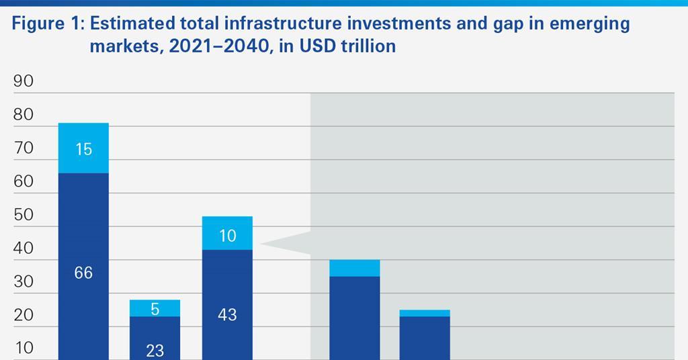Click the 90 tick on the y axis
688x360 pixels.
pyautogui.click(x=23, y=81)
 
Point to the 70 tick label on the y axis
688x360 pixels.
pyautogui.click(x=23, y=148)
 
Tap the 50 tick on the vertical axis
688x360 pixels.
pyautogui.click(x=23, y=215)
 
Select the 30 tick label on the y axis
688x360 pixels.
pyautogui.click(x=23, y=281)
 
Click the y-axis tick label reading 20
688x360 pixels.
pyautogui.click(x=23, y=315)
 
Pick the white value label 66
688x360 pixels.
pyautogui.click(x=83, y=273)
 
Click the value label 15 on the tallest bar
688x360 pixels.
pyautogui.click(x=83, y=149)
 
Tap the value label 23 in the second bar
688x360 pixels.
pyautogui.click(x=155, y=351)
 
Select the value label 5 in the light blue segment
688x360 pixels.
pyautogui.click(x=155, y=309)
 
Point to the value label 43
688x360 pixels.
pyautogui.click(x=227, y=314)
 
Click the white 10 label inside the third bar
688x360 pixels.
pyautogui.click(x=227, y=236)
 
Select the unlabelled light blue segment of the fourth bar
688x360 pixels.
pyautogui.click(x=355, y=268)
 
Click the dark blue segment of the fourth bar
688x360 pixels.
pyautogui.click(x=355, y=316)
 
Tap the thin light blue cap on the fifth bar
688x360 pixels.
pyautogui.click(x=425, y=313)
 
